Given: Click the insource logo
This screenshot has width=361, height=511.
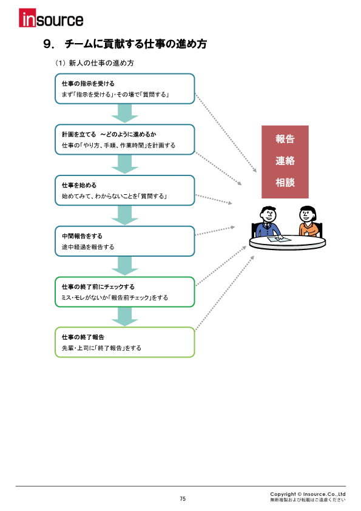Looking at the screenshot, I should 52,19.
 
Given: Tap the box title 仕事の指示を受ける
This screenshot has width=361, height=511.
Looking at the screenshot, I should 88,83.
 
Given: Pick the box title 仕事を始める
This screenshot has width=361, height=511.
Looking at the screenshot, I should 79,184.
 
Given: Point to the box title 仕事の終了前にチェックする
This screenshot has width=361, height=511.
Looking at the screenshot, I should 98,286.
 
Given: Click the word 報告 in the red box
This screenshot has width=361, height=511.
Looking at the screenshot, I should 285,139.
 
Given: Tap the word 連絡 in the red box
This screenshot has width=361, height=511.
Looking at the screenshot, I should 285,161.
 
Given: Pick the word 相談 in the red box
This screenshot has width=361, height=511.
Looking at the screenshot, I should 285,183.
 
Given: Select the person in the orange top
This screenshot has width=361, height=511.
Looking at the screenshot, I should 306,222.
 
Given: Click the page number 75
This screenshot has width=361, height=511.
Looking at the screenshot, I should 183,499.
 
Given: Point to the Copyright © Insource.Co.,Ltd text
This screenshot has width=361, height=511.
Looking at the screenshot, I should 308,494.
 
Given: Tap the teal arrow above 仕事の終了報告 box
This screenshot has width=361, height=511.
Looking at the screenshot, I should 125,317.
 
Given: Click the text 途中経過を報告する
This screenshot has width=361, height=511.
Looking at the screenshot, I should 88,247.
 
